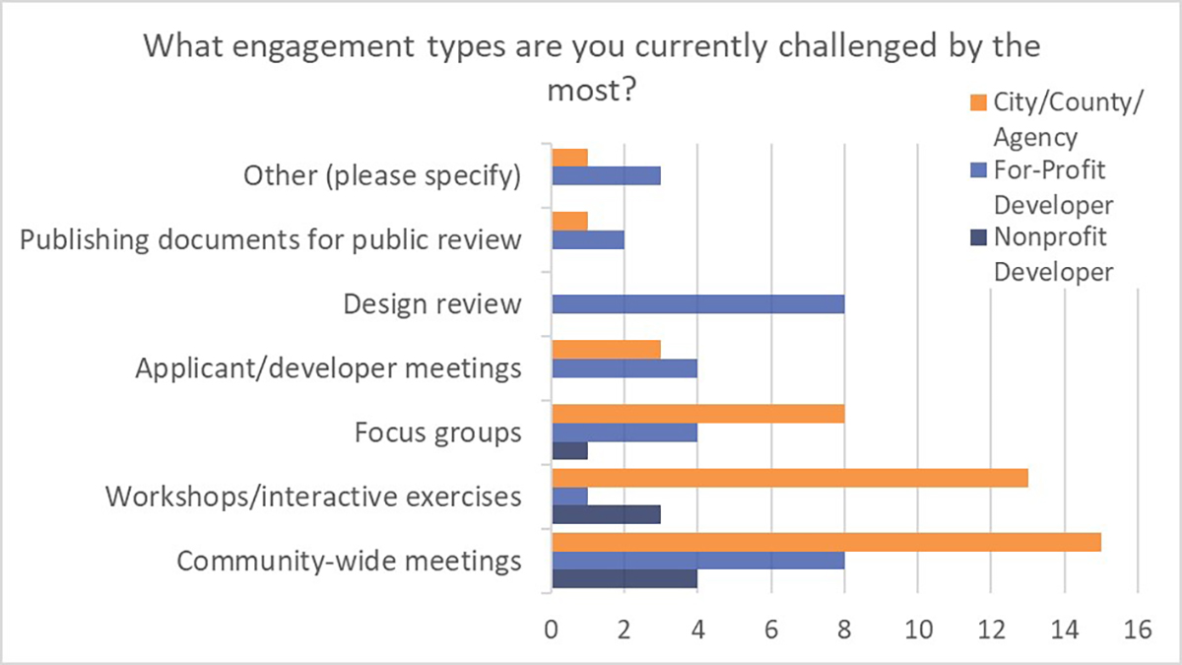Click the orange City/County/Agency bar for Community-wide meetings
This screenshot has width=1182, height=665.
coord(825,543)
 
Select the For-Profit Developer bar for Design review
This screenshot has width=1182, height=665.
coord(697,304)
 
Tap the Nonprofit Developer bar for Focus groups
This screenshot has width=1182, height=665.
coord(569,450)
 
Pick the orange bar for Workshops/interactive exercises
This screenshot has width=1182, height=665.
coord(789,478)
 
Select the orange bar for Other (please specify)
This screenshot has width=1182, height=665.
coord(569,158)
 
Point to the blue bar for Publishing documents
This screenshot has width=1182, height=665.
coord(587,240)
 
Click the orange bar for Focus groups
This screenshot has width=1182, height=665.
coord(697,413)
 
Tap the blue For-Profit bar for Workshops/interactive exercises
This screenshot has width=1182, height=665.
coord(569,497)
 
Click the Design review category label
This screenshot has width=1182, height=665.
coord(431,304)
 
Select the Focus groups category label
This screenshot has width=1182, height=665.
coord(438,432)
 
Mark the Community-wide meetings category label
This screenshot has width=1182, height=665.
coord(349,562)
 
